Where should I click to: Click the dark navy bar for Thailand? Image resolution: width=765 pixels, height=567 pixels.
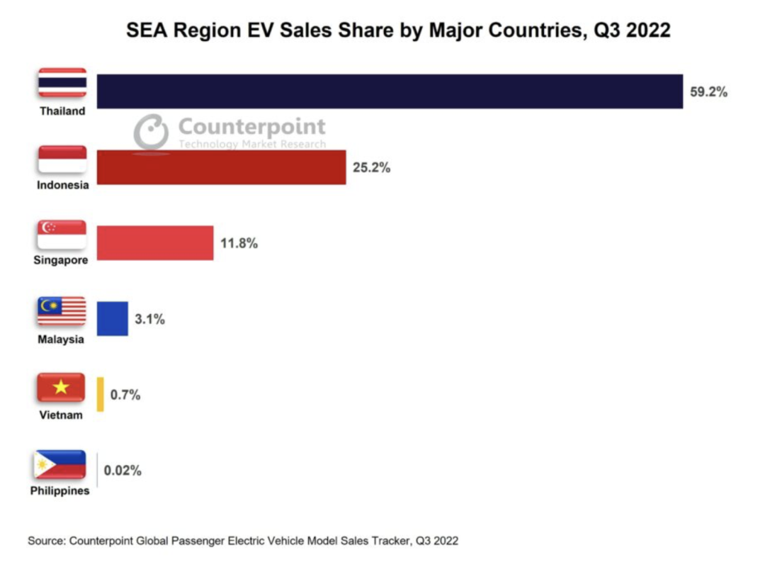(390, 91)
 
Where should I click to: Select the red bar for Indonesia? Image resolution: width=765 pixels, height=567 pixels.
(221, 167)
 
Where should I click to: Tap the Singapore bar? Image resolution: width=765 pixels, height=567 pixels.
(154, 243)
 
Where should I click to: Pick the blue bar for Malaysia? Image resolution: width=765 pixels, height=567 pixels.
(112, 318)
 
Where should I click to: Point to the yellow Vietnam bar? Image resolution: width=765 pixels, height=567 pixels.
(101, 394)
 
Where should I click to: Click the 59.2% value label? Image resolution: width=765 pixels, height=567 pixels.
(708, 92)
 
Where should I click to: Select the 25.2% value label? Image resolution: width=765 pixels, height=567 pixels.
(371, 168)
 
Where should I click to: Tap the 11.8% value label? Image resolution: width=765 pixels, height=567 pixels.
(239, 244)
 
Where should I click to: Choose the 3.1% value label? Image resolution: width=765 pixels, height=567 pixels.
(149, 319)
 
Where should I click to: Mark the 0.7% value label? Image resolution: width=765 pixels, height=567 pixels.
(125, 395)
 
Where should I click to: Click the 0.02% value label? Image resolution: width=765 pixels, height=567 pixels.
(123, 470)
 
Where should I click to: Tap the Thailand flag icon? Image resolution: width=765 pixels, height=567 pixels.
(62, 83)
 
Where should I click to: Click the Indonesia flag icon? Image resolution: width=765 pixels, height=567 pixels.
(62, 159)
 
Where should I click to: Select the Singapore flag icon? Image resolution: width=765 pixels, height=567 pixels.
(62, 235)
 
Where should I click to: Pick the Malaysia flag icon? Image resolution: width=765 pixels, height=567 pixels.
(62, 311)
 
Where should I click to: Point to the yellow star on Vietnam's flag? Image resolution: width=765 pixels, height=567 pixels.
(62, 387)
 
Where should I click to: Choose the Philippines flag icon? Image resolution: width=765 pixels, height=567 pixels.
(60, 464)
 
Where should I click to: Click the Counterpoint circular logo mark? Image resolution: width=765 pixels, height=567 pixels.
(152, 133)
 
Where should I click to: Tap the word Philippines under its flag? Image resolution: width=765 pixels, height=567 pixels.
(60, 490)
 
